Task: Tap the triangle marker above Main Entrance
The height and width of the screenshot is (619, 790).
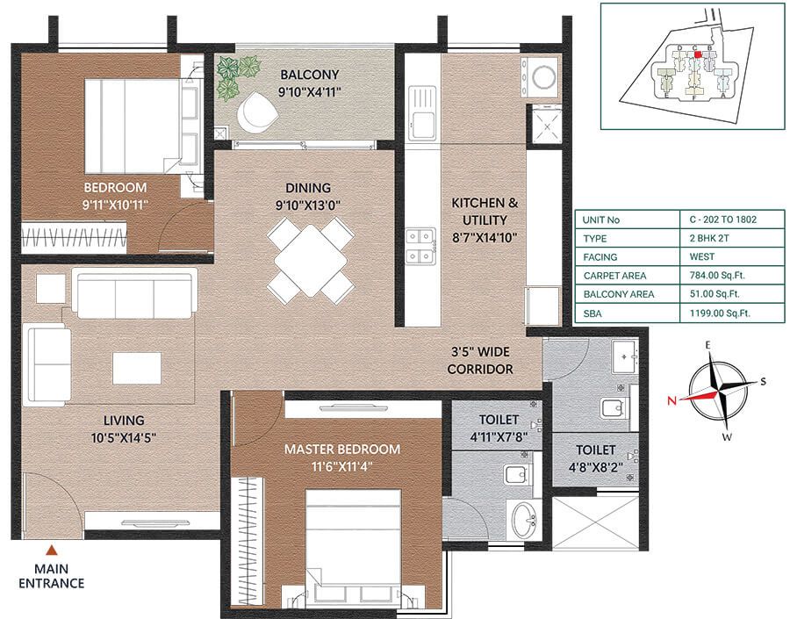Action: (52, 551)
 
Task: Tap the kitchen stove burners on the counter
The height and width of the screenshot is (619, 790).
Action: (421, 245)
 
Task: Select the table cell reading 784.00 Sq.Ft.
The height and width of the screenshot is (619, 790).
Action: (711, 276)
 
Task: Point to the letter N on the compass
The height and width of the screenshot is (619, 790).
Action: (671, 400)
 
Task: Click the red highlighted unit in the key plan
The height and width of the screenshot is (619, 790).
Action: (698, 54)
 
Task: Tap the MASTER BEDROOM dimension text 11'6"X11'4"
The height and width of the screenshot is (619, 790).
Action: (341, 466)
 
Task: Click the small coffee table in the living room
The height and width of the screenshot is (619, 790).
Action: (136, 367)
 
